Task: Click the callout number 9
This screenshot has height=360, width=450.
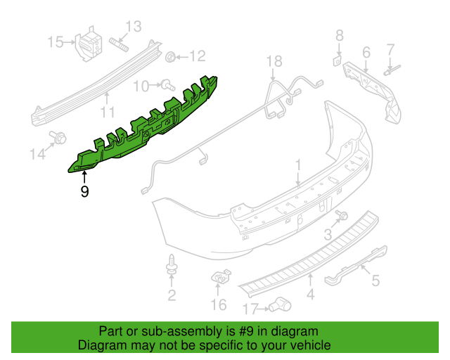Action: coord(84,191)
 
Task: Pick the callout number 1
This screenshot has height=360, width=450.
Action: coord(297,165)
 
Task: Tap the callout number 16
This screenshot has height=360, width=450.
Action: coord(219,304)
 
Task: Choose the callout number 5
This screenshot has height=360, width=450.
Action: coord(375,281)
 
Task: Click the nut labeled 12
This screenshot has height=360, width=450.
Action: coord(172,56)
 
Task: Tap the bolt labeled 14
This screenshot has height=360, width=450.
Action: coord(57,138)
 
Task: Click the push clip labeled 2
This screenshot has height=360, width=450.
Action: coord(172,266)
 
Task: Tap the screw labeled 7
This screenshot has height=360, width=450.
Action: coord(390,70)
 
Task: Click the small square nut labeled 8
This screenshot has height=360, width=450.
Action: coord(338,60)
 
